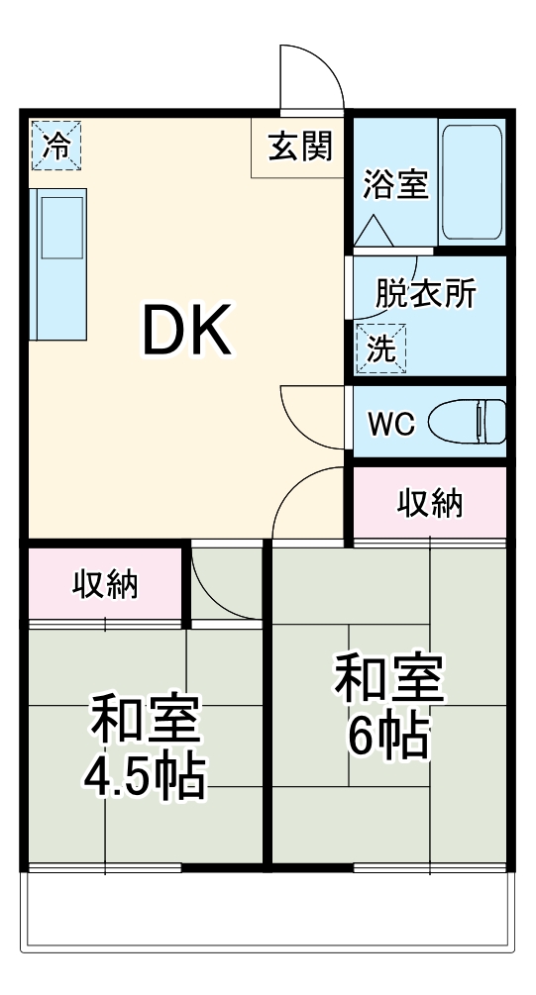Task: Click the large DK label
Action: coord(188,330)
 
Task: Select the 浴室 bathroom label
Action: coord(394,185)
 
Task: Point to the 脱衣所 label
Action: coord(426,295)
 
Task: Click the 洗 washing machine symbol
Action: coord(380,348)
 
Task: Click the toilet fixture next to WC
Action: coord(470,422)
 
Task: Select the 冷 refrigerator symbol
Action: coord(56,146)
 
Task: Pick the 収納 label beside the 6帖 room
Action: coord(430,503)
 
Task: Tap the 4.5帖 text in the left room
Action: coord(145,777)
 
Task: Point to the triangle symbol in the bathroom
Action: coord(375,231)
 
